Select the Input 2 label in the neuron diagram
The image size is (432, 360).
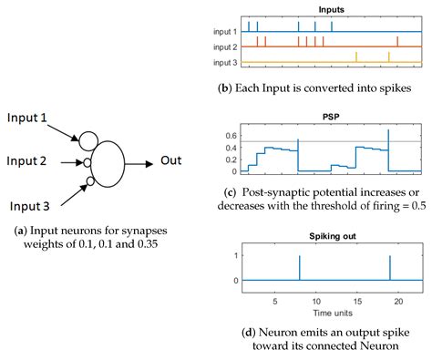(x=34, y=161)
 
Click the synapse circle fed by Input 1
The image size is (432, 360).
(x=88, y=139)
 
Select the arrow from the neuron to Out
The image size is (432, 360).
(x=140, y=163)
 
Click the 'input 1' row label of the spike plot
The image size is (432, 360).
(x=225, y=31)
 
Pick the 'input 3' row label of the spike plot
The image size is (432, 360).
(x=225, y=62)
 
